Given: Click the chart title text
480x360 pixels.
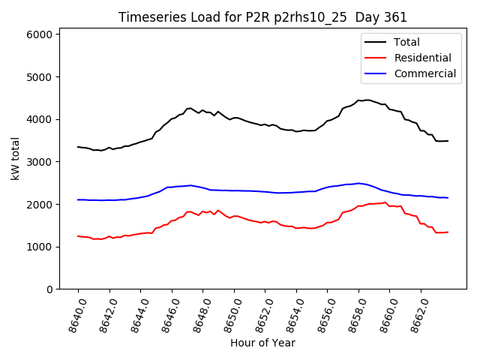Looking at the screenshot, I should click(262, 17).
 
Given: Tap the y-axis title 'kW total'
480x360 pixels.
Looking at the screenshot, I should click(15, 159).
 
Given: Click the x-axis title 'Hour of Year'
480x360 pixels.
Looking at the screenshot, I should click(262, 343).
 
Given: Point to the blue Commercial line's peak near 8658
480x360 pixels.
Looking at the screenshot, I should click(359, 183).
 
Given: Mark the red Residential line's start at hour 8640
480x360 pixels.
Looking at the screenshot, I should click(78, 236).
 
